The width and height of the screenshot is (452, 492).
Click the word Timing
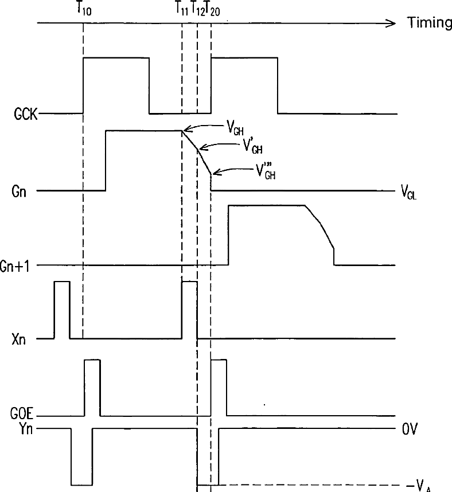click(429, 23)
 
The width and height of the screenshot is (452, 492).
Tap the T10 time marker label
click(84, 10)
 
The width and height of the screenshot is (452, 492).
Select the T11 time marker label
click(181, 10)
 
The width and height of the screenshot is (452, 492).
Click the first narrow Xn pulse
click(62, 310)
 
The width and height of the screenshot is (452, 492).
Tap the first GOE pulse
click(92, 387)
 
